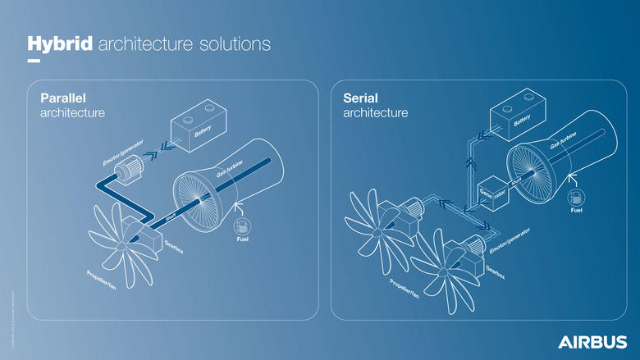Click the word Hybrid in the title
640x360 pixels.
(60, 43)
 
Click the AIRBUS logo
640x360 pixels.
(592, 340)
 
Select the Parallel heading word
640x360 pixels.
(64, 98)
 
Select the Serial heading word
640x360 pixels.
(361, 98)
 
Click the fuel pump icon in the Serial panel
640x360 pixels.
(576, 198)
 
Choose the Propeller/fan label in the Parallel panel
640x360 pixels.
(107, 284)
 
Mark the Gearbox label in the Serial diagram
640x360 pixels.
(496, 275)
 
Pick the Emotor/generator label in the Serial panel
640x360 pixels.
(514, 239)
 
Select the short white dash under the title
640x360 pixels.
(34, 61)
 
